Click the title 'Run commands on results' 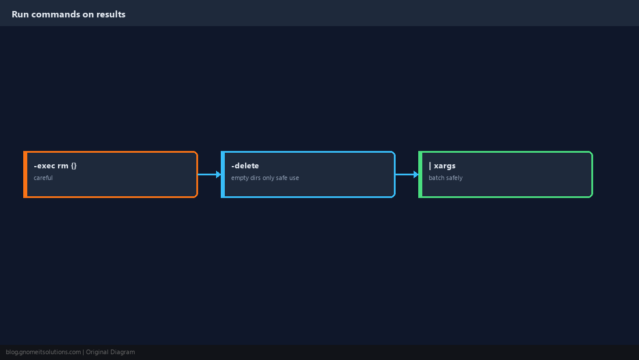point(69,15)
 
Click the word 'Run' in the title point(20,15)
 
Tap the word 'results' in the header point(111,15)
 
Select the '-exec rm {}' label point(55,165)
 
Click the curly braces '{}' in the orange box point(74,165)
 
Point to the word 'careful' point(43,178)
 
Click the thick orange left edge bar point(25,174)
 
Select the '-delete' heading point(245,165)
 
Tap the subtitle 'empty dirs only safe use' point(265,178)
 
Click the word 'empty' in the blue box point(240,178)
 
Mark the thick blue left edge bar point(223,174)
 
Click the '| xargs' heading point(442,165)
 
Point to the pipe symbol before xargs point(430,165)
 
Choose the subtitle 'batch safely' point(446,178)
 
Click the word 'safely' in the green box point(454,178)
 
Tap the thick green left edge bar point(421,174)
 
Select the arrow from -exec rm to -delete point(210,174)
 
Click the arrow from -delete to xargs point(407,174)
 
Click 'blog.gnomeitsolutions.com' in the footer point(43,352)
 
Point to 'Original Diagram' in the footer point(110,352)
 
